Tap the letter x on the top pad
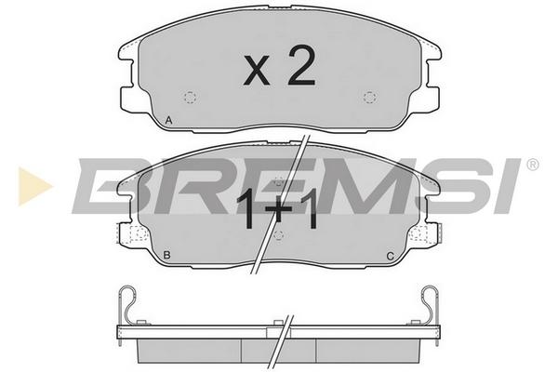pos(257,71)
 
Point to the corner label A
pos(168,120)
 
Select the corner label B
pos(166,255)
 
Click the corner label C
pos(391,256)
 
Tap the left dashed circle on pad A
pos(191,97)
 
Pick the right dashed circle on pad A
pos(370,97)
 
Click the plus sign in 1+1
pos(279,210)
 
